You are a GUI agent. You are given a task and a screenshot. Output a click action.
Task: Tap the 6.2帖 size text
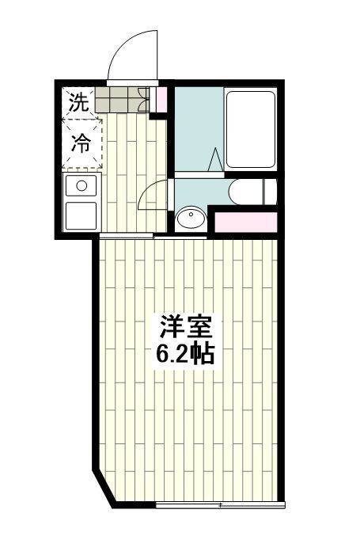pyautogui.click(x=184, y=353)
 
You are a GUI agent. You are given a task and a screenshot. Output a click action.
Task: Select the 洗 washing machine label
pyautogui.click(x=78, y=101)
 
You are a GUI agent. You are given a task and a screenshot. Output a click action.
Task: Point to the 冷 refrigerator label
pyautogui.click(x=81, y=143)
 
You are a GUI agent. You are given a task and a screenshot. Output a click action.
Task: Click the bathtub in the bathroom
pyautogui.click(x=250, y=129)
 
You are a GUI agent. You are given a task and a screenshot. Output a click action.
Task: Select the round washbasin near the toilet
pyautogui.click(x=189, y=219)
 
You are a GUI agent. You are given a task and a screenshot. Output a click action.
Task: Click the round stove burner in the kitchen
pyautogui.click(x=80, y=187)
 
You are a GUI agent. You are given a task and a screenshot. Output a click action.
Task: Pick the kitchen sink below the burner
pyautogui.click(x=80, y=215)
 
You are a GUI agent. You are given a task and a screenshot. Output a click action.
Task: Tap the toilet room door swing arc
pyautogui.click(x=153, y=196)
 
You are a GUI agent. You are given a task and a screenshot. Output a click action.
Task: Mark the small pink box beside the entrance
pyautogui.click(x=161, y=100)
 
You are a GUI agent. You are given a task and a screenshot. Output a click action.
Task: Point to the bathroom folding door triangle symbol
pyautogui.click(x=214, y=158)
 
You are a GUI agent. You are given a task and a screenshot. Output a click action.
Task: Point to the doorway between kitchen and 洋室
pyautogui.click(x=127, y=237)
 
